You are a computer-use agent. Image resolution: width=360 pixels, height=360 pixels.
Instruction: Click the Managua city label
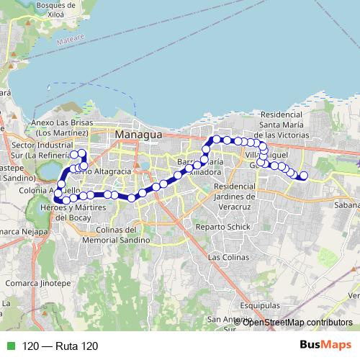coord(140,135)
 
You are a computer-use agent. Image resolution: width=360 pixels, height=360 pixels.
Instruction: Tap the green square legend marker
coord(9,346)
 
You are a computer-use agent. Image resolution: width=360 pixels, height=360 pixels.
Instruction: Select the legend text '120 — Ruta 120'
coord(60,346)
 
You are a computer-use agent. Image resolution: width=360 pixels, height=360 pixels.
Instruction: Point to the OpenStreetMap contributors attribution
coord(297,322)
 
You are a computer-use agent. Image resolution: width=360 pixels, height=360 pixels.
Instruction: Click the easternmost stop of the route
coord(304,176)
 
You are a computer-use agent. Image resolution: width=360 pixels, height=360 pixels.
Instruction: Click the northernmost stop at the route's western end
coord(73,154)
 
